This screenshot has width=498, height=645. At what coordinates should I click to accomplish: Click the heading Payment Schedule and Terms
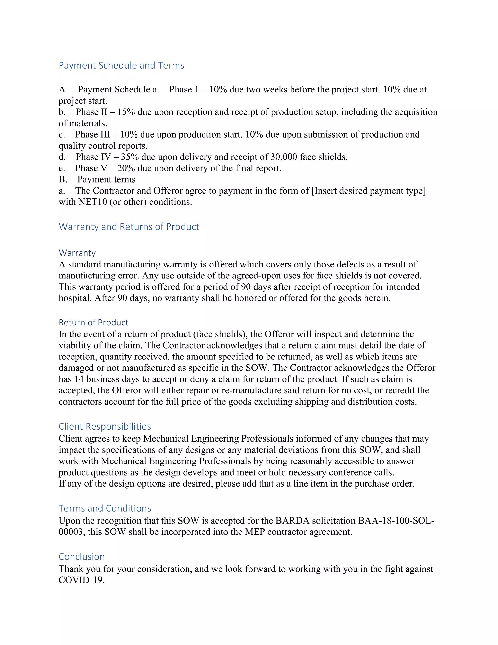click(121, 65)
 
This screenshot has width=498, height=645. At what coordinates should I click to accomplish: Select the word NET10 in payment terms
click(93, 202)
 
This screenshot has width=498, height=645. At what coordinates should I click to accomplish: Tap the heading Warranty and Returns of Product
click(129, 227)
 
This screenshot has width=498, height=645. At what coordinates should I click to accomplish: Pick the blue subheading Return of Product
click(94, 322)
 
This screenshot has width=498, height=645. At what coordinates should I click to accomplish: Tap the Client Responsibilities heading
click(105, 426)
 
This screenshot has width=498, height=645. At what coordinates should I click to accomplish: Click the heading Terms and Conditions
click(105, 508)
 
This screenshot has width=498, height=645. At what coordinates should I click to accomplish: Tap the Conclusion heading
click(82, 556)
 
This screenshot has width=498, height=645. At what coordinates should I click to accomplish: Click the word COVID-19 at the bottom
click(81, 580)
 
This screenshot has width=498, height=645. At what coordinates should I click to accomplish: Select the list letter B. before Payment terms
click(63, 179)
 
